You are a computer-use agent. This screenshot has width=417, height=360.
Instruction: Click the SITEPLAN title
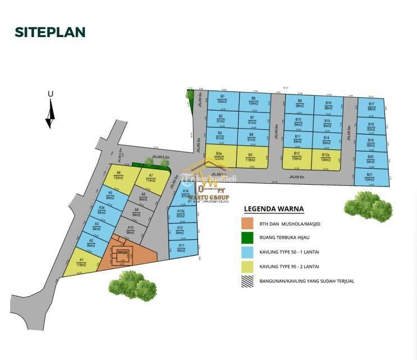pos(50,32)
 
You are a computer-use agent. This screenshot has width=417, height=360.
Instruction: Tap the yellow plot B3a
pos(220,156)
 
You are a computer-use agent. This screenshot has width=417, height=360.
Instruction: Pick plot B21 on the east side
pos(370,177)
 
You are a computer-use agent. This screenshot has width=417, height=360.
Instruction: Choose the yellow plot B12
pos(296,157)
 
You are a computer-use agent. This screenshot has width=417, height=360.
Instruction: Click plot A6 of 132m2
pos(118,176)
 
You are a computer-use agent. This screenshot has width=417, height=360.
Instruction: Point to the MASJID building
pos(122,254)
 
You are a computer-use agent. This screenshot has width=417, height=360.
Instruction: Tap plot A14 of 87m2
pos(186,194)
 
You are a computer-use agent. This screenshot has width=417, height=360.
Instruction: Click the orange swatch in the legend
pos(248,223)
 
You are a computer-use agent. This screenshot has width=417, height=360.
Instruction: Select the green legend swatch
pos(248,238)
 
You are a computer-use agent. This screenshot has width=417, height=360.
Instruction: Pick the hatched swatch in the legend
pos(248,281)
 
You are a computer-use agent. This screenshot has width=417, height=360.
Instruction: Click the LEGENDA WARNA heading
pos(274,209)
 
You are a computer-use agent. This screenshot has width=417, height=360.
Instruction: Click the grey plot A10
pos(130,230)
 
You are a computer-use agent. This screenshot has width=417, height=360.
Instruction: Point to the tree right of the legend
pos(369,207)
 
